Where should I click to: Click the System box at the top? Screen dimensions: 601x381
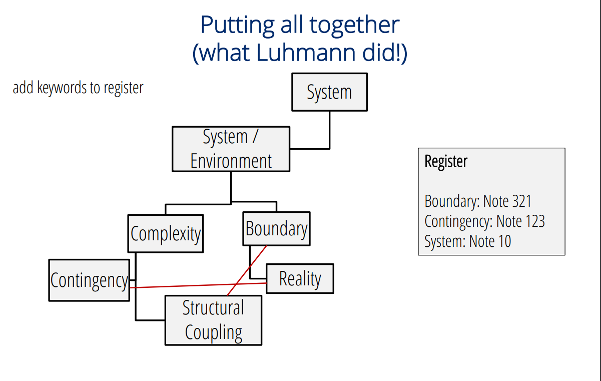coord(329,92)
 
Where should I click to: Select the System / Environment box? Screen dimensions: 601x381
coord(231,149)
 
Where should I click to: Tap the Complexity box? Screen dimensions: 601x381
coord(166,234)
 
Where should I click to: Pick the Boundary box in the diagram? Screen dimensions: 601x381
coord(276,229)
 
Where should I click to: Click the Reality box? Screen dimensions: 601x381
coord(300,279)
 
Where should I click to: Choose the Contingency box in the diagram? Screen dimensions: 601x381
coord(89,280)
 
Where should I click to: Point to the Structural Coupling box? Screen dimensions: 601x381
coord(213,320)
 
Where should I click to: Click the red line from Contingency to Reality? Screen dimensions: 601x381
coord(198,285)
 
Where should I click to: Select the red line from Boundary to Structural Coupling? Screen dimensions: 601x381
coord(247,270)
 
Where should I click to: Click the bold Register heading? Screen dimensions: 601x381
coord(446,161)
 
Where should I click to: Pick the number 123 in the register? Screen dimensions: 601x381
coord(535,221)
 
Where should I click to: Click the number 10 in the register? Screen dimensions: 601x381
coord(505,241)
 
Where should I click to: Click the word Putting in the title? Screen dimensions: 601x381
coord(238,26)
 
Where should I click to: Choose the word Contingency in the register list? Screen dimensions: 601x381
coord(458,222)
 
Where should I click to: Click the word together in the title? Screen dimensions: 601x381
coord(354,26)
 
